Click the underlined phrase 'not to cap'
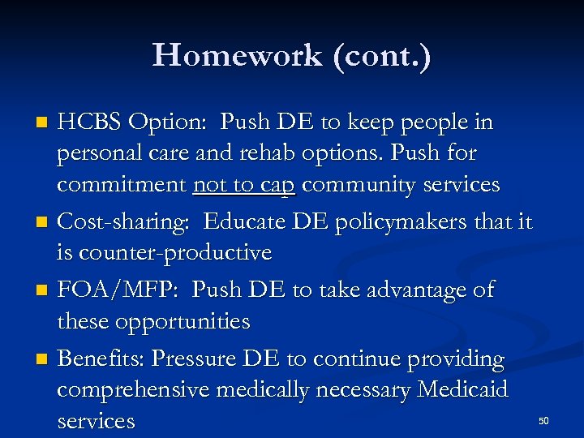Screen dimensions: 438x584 245,185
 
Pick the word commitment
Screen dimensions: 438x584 122,185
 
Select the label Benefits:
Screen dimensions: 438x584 101,359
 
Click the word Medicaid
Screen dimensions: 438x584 462,390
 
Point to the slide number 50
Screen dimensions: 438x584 543,420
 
